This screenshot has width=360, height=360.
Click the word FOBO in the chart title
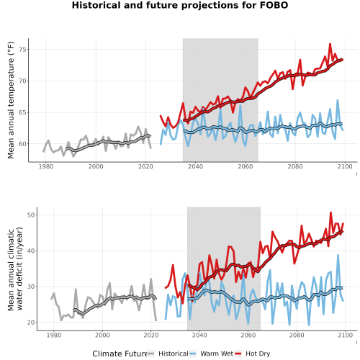coord(274,5)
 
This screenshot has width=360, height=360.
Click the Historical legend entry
coord(168,354)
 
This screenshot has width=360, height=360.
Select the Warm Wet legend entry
coord(211,354)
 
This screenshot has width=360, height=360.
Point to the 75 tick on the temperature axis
coord(22,50)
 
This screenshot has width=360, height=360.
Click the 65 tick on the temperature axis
coord(22,112)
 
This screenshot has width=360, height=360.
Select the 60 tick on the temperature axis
coord(22,144)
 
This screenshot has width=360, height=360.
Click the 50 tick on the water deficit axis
coord(31,215)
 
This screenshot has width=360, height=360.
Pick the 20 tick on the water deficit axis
coord(31,323)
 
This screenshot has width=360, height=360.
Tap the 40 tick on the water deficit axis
coord(31,251)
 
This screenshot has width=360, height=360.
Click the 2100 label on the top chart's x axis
coord(345,166)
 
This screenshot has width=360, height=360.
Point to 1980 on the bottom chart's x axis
coord(54,335)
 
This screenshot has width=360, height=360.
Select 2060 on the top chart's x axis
coord(246,166)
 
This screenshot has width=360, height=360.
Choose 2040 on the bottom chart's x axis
coord(199,335)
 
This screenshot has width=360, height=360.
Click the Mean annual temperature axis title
coord(11,100)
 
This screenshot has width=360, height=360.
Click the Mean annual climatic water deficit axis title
coord(15,269)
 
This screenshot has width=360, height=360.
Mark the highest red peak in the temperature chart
coord(330,44)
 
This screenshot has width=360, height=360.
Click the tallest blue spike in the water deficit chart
coord(338,255)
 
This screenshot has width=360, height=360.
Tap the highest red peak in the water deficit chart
coord(330,212)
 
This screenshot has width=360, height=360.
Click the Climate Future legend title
coord(120,354)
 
